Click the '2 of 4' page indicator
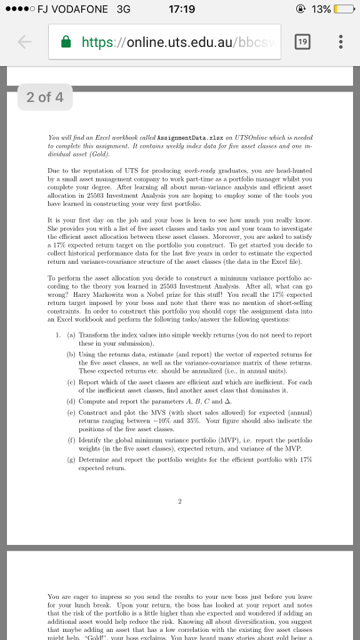[x=45, y=97]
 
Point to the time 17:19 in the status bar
[x=181, y=9]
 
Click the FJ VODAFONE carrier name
[x=72, y=9]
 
